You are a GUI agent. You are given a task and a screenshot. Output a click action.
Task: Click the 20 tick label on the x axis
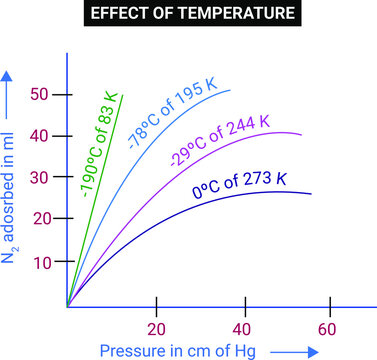(155, 329)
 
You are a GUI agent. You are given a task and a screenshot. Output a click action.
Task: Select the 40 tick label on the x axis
(241, 329)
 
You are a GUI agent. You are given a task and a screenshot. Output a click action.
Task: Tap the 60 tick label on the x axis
(327, 329)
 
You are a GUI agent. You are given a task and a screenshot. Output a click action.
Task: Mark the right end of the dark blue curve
(311, 195)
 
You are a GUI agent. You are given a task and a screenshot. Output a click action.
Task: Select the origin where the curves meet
(67, 305)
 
